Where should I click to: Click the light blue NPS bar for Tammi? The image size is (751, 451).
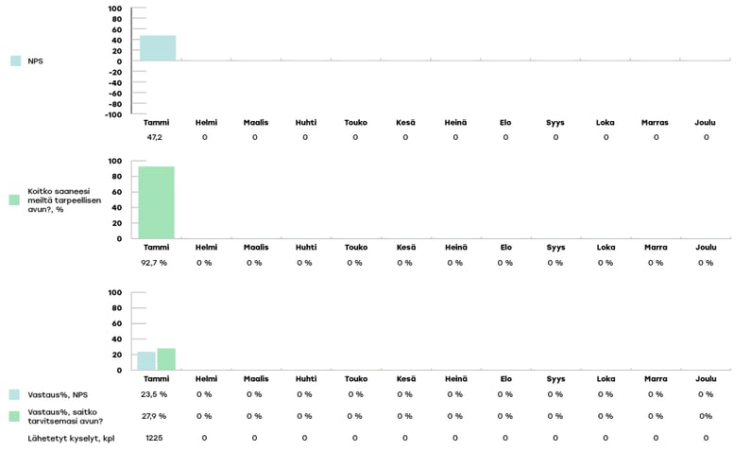tap(158, 48)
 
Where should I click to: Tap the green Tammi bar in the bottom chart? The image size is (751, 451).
tap(166, 359)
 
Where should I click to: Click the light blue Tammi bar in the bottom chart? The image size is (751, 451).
tap(146, 361)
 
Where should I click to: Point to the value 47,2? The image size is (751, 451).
tap(155, 137)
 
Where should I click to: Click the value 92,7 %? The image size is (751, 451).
tap(155, 263)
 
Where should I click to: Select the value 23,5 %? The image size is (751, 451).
tap(155, 394)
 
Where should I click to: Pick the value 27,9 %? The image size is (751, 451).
tap(155, 416)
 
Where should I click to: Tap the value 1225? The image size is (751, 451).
tap(155, 438)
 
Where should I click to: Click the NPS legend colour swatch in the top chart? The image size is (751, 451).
tap(16, 61)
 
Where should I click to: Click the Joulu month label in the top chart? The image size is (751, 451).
tap(706, 122)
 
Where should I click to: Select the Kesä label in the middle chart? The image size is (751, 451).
tap(405, 248)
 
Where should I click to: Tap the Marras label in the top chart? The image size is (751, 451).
tap(656, 122)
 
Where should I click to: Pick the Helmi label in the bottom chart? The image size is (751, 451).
tap(205, 378)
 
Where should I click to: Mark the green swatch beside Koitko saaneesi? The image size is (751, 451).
tap(14, 199)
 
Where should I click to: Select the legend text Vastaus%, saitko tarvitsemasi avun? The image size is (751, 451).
tap(65, 416)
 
